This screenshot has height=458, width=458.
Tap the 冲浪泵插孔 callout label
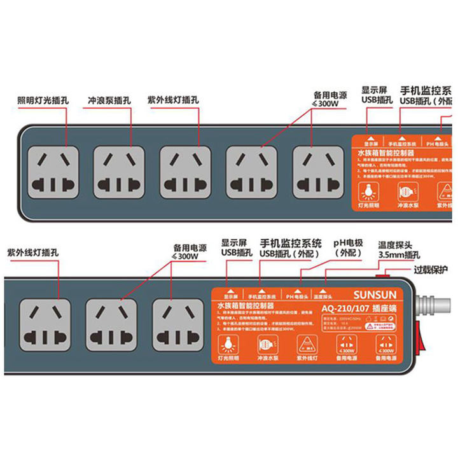point(110,101)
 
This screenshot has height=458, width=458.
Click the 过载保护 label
point(431,270)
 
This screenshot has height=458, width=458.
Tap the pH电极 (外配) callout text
point(347,248)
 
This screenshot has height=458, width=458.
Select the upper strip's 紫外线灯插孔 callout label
point(173,100)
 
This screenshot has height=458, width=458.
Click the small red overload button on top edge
point(382,274)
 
